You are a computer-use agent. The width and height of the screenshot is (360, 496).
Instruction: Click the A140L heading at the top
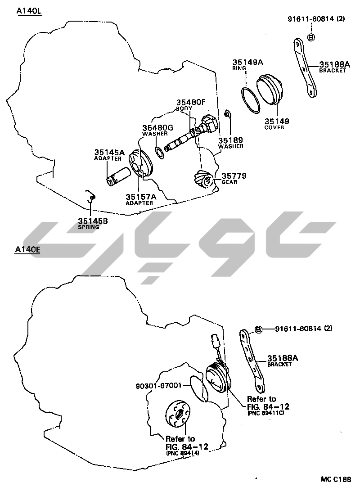(29, 11)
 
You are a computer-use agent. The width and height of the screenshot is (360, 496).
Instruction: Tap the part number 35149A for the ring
(247, 63)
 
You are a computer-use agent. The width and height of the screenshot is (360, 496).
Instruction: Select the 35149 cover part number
(276, 121)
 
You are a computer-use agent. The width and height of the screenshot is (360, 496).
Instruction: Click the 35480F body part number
(190, 102)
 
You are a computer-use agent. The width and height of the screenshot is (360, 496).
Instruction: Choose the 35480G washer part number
(157, 128)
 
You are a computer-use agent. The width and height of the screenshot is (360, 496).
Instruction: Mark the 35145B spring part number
(93, 221)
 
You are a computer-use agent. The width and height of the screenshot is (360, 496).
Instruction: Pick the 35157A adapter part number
(141, 197)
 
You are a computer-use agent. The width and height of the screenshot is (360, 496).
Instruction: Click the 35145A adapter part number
(109, 153)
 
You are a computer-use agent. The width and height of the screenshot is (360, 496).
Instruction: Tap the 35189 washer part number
(231, 140)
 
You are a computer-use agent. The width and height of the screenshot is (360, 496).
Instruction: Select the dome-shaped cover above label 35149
(270, 90)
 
